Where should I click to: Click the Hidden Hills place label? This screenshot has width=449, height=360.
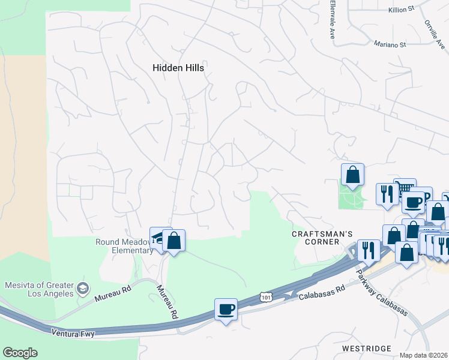coord(178,68)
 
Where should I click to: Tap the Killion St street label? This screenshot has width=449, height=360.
coord(402,9)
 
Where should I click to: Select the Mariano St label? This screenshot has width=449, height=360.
coord(390,44)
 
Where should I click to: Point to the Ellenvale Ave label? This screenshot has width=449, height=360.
coord(332,19)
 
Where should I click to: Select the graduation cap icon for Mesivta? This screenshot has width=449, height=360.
coord(82,289)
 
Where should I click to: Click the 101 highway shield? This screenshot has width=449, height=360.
coord(265,296)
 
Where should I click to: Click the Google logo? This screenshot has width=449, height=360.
coord(20,352)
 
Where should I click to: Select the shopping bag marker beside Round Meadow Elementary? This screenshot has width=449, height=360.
coord(173,241)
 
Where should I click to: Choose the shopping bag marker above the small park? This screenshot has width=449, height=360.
coord(352,175)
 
